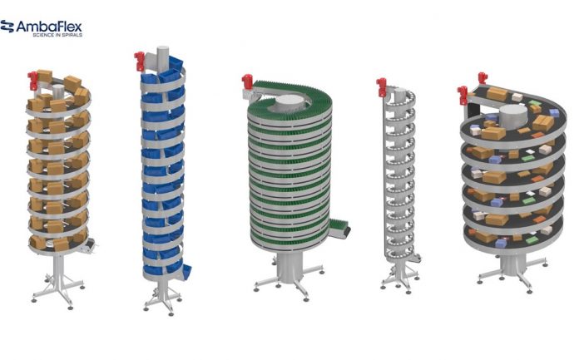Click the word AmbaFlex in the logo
click(49, 27)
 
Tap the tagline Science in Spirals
click(57, 35)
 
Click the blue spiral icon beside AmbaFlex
click(7, 27)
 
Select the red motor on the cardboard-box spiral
click(32, 81)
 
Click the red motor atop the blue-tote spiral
click(139, 61)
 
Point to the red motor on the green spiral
click(247, 82)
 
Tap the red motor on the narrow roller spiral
click(381, 87)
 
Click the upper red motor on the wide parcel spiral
click(482, 77)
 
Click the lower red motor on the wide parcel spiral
click(462, 95)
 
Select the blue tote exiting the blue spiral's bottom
click(187, 272)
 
